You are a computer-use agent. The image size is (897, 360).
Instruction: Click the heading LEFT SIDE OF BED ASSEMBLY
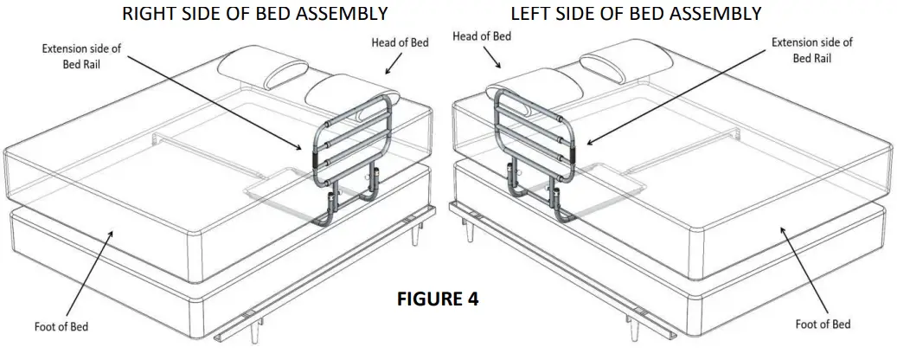636,14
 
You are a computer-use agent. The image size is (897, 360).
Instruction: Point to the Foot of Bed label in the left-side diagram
823,324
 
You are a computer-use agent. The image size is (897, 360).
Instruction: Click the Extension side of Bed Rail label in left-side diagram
811,49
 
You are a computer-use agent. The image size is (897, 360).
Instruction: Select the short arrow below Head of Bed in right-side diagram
394,62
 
